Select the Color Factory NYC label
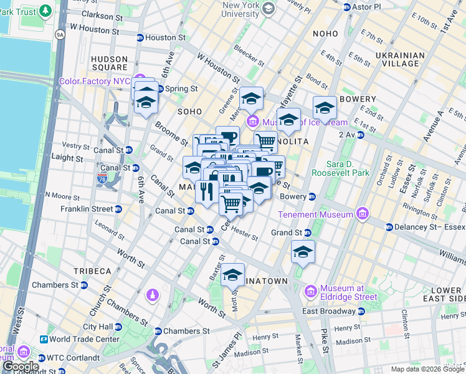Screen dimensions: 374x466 point(95,82)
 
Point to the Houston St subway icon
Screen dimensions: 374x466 point(140,37)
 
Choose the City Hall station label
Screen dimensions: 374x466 point(98,327)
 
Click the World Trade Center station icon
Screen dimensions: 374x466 point(44,339)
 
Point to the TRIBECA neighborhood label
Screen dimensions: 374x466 point(92,271)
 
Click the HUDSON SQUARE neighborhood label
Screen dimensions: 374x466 point(110,63)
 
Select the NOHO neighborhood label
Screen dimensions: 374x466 point(326,34)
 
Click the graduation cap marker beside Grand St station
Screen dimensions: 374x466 point(303,252)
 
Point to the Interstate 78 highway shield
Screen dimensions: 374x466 point(110,179)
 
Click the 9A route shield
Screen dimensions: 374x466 point(60,35)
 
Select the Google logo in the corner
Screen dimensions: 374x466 point(21,367)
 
